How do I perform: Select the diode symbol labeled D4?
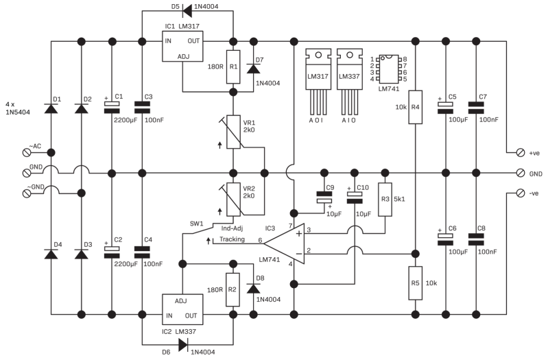[51, 254]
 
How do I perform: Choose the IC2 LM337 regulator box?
[183, 308]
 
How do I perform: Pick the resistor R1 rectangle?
[233, 67]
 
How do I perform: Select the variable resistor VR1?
[233, 132]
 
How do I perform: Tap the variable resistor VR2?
[233, 200]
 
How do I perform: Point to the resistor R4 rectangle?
[414, 106]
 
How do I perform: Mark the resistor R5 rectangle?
[414, 282]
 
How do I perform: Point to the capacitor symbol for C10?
[354, 198]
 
